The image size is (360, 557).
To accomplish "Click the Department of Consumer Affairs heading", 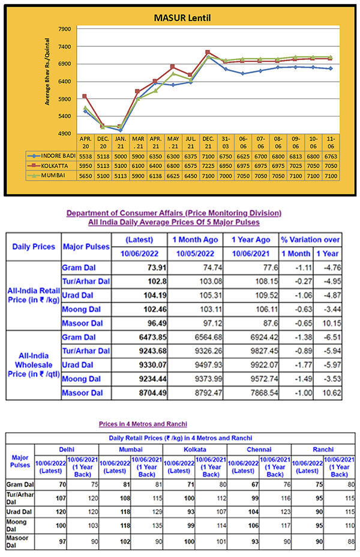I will point(173,213).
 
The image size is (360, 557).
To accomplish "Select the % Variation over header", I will point(310,239).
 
